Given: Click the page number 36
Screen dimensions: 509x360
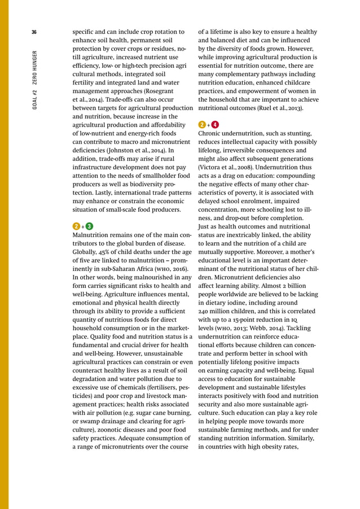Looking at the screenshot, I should point(34,32).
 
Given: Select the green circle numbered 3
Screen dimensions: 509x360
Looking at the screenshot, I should point(89,227).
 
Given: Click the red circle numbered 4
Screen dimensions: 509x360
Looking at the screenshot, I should point(214,124).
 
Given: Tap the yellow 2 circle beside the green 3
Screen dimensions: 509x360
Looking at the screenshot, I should point(77,227).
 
